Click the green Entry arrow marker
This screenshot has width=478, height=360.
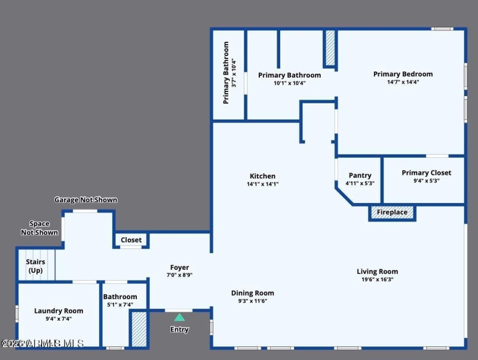pos(179,318)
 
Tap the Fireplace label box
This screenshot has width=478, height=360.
pos(392,213)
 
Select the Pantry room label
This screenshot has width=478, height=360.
pos(360,176)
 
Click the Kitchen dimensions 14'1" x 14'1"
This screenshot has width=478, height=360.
pos(263,184)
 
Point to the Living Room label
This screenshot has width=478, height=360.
pos(377,272)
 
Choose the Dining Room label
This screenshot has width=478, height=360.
pos(253,293)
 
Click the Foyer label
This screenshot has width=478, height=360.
pos(179,268)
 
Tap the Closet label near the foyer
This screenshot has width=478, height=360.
pos(131,240)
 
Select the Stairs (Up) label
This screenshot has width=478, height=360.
pos(35,266)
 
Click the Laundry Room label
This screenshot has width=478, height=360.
pos(59,311)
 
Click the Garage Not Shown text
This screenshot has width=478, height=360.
pos(86,200)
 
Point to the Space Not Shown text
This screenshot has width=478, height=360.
pos(39,228)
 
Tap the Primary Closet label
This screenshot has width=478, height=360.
pos(426,173)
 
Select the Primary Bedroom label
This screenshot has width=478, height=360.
pos(403,74)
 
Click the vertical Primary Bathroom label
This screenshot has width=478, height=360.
pos(226,73)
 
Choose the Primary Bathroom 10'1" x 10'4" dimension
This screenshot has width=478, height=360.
pos(289,83)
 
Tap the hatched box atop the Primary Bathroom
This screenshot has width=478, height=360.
pos(330,48)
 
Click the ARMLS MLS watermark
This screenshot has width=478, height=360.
pos(43,343)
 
